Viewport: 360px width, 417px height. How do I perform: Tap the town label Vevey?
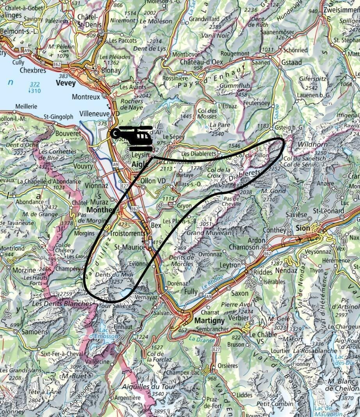(x=65, y=83)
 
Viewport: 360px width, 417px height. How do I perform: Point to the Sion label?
(x=303, y=228)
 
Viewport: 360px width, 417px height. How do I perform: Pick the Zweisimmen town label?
(x=341, y=12)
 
